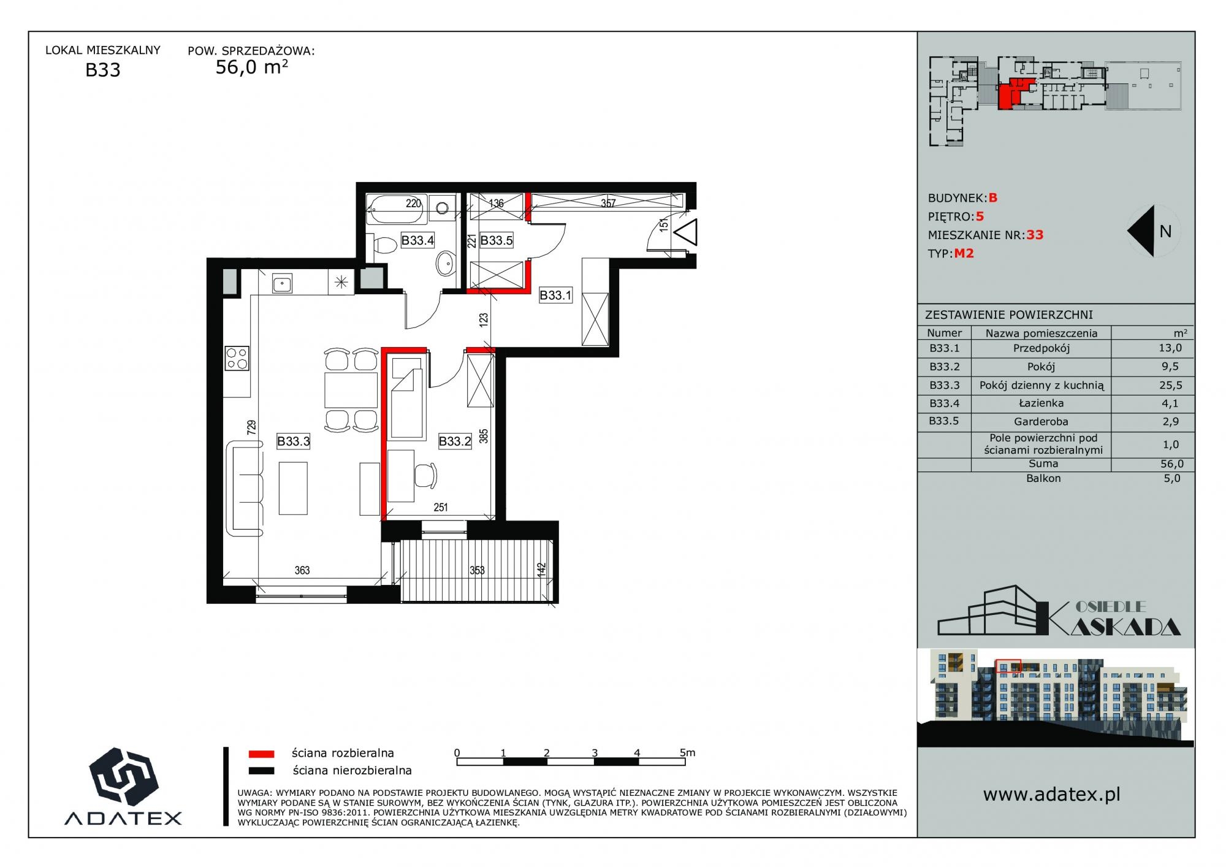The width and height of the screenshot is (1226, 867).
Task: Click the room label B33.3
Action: click(x=294, y=441)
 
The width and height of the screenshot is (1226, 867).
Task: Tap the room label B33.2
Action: click(x=455, y=441)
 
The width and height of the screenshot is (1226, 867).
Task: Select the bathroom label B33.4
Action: click(x=417, y=240)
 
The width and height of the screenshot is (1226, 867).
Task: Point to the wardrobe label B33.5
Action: click(x=497, y=240)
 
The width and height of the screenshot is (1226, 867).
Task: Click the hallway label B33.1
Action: click(x=555, y=296)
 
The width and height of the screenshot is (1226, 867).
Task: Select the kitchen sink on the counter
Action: click(x=282, y=283)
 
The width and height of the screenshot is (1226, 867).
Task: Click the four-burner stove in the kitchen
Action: click(x=237, y=358)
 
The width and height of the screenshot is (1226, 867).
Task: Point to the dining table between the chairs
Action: click(x=351, y=389)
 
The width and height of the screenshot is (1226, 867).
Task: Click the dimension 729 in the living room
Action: click(x=251, y=427)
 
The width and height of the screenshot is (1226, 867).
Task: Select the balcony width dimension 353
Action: click(x=477, y=570)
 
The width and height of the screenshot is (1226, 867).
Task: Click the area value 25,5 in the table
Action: click(x=1171, y=386)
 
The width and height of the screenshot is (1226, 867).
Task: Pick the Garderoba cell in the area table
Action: click(x=1041, y=422)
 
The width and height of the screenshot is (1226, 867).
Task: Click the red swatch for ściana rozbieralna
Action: click(x=261, y=754)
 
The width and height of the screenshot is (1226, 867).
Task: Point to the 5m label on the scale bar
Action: click(x=687, y=752)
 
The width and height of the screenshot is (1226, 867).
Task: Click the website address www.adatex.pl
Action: click(x=1052, y=795)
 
